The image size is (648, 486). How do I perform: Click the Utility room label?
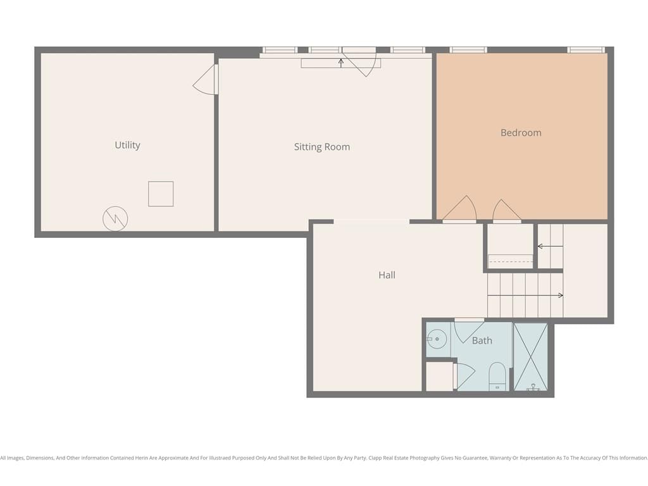click(x=127, y=145)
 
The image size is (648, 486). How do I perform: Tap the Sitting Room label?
click(x=322, y=147)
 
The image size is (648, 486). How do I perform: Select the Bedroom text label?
click(x=521, y=133)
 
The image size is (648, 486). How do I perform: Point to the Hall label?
click(x=387, y=275)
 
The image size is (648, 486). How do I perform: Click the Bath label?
click(x=482, y=340)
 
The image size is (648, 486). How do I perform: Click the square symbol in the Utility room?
click(x=161, y=194)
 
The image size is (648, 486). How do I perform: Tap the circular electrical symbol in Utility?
click(x=115, y=218)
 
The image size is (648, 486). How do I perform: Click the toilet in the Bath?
click(x=497, y=376)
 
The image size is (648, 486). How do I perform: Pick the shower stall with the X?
click(x=531, y=357)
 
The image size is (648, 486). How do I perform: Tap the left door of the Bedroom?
click(x=460, y=209)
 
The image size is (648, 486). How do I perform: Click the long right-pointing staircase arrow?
click(x=525, y=296)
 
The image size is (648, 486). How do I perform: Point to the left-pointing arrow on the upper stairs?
click(x=550, y=247)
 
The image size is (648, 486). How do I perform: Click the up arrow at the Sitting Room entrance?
click(x=341, y=63)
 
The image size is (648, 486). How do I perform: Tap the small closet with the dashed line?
click(x=511, y=247)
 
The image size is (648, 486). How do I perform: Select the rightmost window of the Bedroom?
click(x=586, y=50)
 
